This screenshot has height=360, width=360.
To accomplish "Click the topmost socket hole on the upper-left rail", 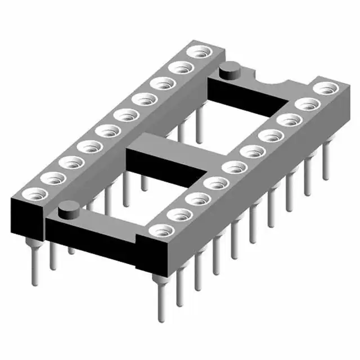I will (x=198, y=53).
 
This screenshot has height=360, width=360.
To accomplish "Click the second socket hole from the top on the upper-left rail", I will (x=181, y=69).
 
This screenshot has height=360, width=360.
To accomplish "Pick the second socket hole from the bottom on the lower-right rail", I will (x=179, y=214).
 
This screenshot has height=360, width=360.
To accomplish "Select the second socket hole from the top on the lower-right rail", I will (x=306, y=105).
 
